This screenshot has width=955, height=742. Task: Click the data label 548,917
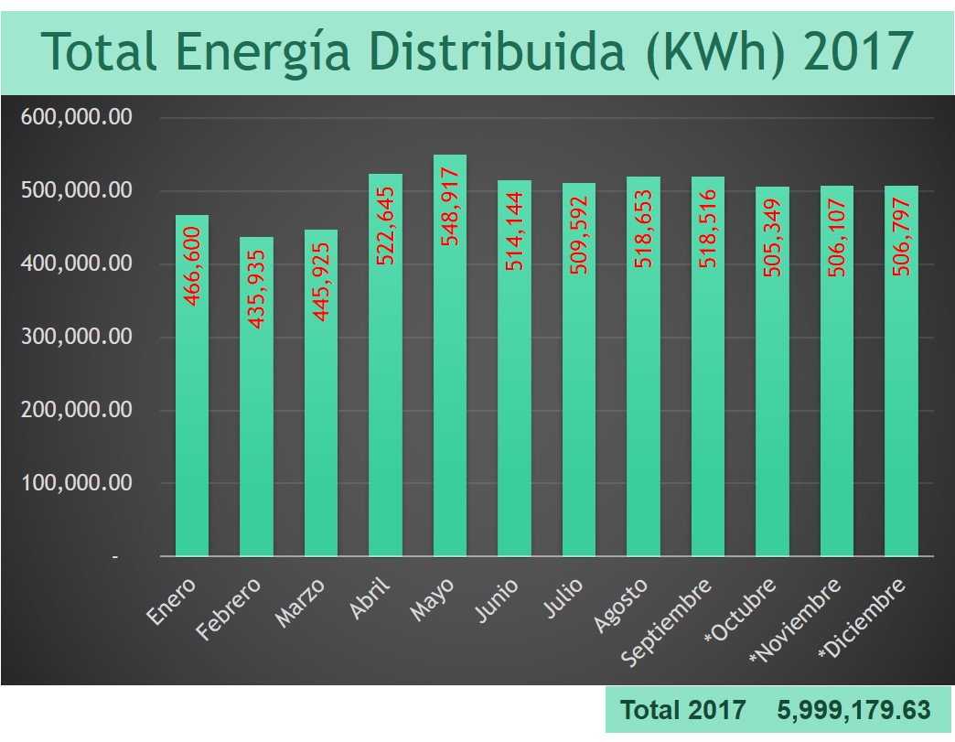click(x=450, y=212)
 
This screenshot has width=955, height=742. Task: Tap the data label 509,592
click(x=579, y=237)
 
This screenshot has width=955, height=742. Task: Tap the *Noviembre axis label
click(x=795, y=620)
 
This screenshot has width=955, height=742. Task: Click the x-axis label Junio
click(x=498, y=600)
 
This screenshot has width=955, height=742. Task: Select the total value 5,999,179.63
click(x=853, y=709)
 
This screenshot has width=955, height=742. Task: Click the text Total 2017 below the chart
click(x=682, y=709)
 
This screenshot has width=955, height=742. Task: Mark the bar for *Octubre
click(x=772, y=412)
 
